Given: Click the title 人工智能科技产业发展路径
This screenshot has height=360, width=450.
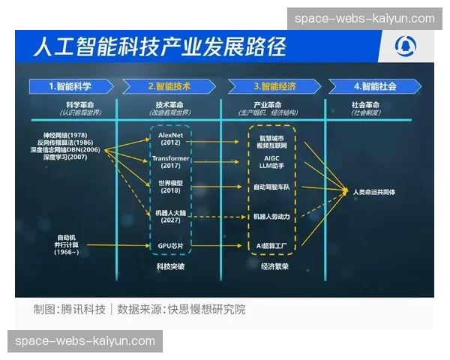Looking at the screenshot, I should (x=159, y=47).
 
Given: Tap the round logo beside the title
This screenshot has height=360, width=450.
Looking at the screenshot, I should (x=409, y=47).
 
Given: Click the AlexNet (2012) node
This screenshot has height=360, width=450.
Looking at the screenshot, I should (x=170, y=139).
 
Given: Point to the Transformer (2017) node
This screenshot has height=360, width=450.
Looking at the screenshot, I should (x=170, y=162).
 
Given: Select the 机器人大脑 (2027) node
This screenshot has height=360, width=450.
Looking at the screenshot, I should (x=170, y=217).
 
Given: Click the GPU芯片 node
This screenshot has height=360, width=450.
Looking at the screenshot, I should (x=170, y=245).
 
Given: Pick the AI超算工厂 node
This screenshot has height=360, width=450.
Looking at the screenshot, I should (x=272, y=245).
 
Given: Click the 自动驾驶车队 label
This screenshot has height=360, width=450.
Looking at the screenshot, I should (x=272, y=185).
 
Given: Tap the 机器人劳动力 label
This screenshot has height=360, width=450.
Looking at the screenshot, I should (x=272, y=217).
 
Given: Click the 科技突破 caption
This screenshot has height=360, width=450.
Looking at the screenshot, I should (x=170, y=266).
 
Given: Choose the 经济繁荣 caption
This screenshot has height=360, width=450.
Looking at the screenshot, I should (x=272, y=266).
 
